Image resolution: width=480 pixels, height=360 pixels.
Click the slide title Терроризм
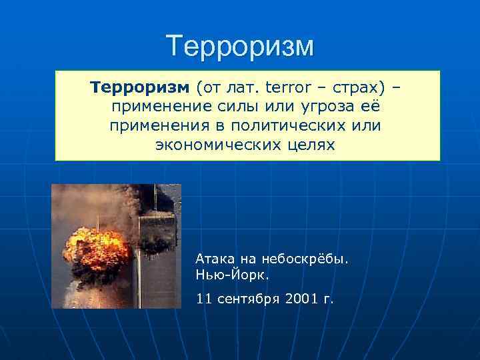tap(239, 46)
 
